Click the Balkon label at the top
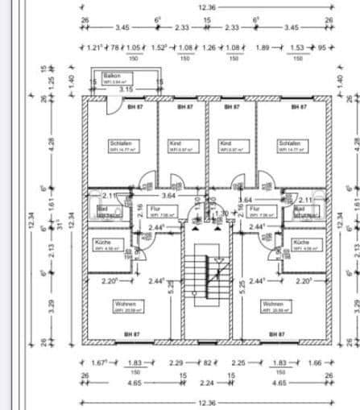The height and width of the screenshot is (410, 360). (100, 75)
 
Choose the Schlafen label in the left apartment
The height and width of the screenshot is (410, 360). (119, 143)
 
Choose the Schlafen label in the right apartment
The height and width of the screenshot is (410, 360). (289, 143)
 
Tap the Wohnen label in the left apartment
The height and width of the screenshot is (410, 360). (124, 304)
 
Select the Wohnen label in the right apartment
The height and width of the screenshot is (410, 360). (271, 304)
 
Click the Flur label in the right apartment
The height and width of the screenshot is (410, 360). (253, 208)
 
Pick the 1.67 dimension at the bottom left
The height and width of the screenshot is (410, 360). (100, 363)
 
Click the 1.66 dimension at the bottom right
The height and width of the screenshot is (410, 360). (314, 363)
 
